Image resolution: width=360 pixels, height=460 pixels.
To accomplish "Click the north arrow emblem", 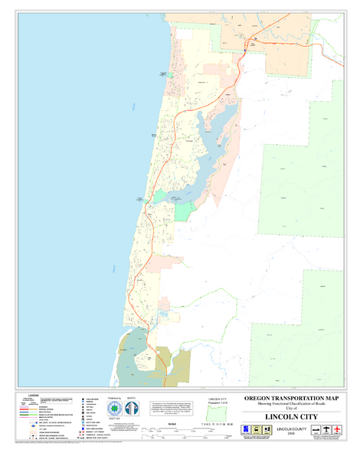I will (x=130, y=410).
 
